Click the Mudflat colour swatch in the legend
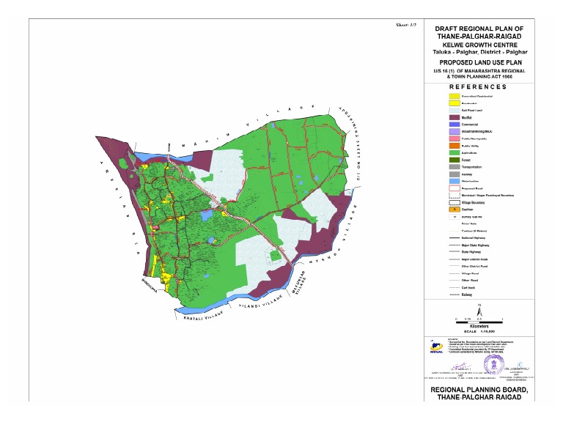[x=454, y=117]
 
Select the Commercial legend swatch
[x=454, y=125]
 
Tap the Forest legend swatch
[x=454, y=160]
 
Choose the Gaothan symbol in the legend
[x=454, y=210]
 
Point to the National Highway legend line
[x=454, y=238]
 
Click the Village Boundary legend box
[x=454, y=202]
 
